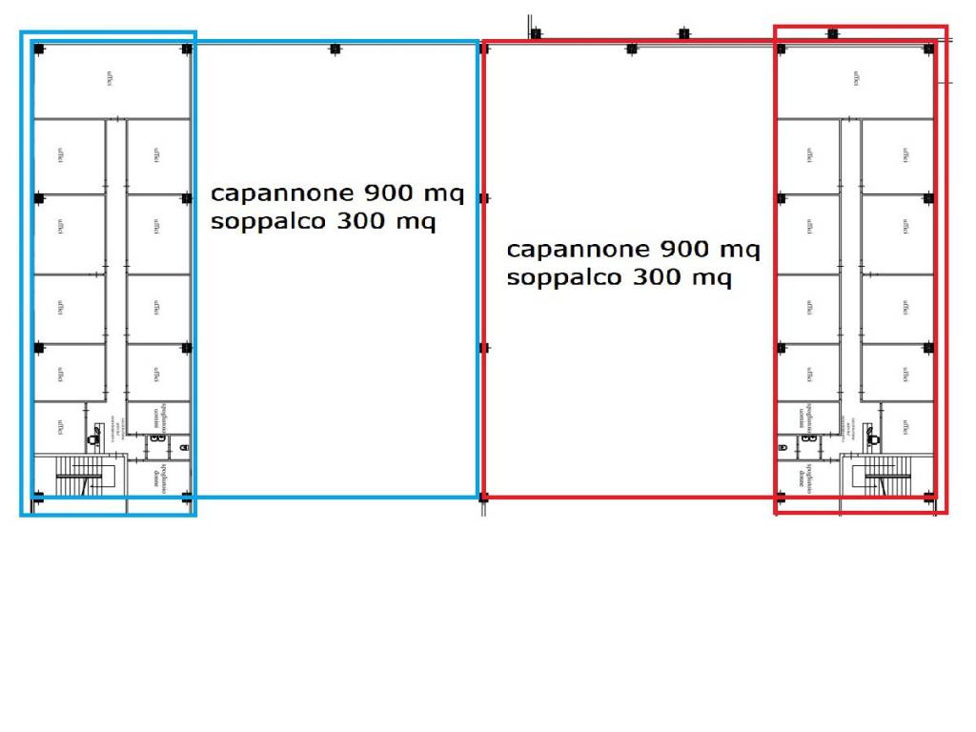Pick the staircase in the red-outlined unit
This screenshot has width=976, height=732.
pos(885,476)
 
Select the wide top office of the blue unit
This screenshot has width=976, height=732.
pos(111,80)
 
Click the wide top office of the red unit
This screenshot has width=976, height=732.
pos(855,80)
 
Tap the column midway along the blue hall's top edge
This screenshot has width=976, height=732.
pos(335,49)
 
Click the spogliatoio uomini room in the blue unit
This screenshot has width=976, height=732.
pos(157,417)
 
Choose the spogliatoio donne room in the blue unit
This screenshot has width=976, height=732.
pos(157,476)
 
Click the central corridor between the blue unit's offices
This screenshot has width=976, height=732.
pos(115,257)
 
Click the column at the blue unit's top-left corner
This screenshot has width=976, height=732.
pos(38,49)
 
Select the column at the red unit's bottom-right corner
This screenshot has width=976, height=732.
pos(929,496)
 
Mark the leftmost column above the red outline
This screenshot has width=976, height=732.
pos(536,34)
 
